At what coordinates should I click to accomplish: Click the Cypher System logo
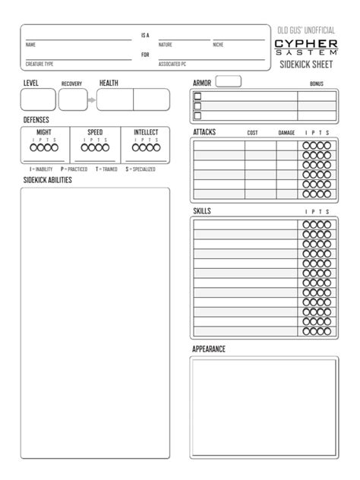click(306, 46)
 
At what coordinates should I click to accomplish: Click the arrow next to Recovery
click(90, 99)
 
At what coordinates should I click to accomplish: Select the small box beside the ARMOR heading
click(229, 81)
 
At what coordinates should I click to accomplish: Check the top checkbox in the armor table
click(198, 96)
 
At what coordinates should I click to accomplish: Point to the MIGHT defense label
click(44, 132)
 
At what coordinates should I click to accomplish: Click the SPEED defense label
click(95, 132)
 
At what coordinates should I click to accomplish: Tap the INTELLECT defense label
click(146, 132)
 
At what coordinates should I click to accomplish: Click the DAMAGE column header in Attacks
click(286, 133)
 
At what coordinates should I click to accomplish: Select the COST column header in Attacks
click(253, 133)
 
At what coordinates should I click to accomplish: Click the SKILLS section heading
click(202, 210)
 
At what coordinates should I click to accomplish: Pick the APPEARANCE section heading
click(209, 349)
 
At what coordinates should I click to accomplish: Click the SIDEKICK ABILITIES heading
click(48, 180)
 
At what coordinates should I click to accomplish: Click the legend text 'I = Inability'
click(41, 169)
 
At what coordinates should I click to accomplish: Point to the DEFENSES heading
click(37, 121)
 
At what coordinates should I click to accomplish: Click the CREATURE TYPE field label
click(39, 65)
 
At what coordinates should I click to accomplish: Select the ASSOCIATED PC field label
click(174, 65)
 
